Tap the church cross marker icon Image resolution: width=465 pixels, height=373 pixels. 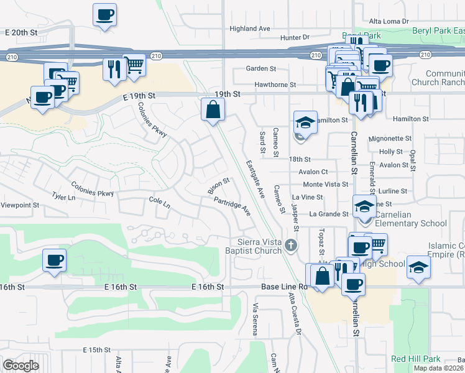click(290, 247)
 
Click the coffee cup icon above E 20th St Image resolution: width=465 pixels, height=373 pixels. click(104, 14)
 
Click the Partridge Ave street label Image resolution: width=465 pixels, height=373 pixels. click(231, 206)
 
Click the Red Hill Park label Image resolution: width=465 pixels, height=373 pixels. click(416, 359)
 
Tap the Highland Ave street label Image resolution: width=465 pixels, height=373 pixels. click(250, 29)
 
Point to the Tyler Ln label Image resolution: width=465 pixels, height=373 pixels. click(63, 197)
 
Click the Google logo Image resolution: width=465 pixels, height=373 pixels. click(21, 365)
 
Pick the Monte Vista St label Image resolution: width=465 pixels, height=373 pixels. click(325, 185)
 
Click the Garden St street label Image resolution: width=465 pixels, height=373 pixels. click(260, 68)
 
